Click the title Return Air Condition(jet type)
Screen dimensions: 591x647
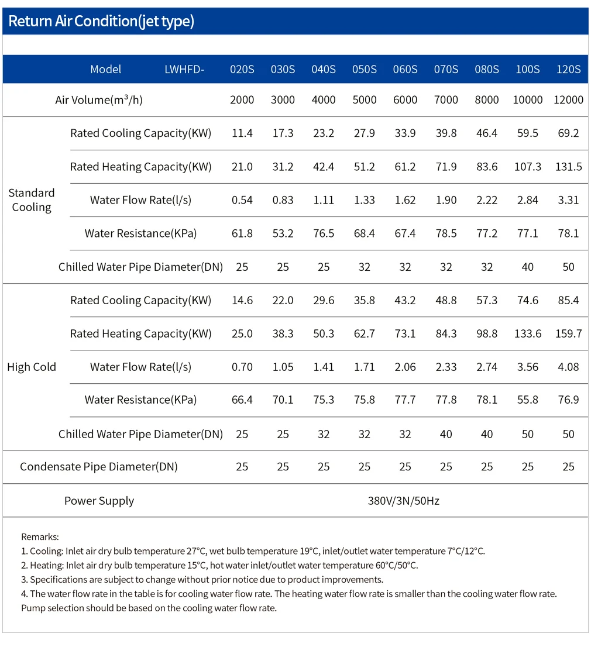tap(101, 21)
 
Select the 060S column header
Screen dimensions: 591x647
tap(405, 69)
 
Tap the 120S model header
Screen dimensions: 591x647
tap(568, 69)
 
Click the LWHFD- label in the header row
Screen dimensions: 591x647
tap(184, 69)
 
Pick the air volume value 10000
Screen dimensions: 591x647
tap(527, 100)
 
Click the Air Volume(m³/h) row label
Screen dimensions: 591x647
tap(99, 100)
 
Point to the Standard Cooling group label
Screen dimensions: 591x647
tap(32, 200)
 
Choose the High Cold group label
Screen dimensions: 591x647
tap(32, 367)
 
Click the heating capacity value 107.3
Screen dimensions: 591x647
tap(527, 167)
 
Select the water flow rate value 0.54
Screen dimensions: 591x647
tap(242, 200)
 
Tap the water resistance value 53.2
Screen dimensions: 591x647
tap(283, 233)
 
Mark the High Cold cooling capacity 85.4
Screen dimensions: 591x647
tap(568, 301)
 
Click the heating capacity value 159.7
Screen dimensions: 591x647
tap(568, 333)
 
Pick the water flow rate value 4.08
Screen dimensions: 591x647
tap(568, 367)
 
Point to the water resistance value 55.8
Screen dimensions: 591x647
tap(527, 400)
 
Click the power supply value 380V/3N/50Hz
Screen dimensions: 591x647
tap(404, 501)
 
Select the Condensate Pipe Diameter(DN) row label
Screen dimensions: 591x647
tap(99, 467)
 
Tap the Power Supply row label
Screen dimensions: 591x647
tap(99, 501)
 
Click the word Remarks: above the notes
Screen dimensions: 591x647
tap(40, 537)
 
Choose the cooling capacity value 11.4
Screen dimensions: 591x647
tap(242, 133)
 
